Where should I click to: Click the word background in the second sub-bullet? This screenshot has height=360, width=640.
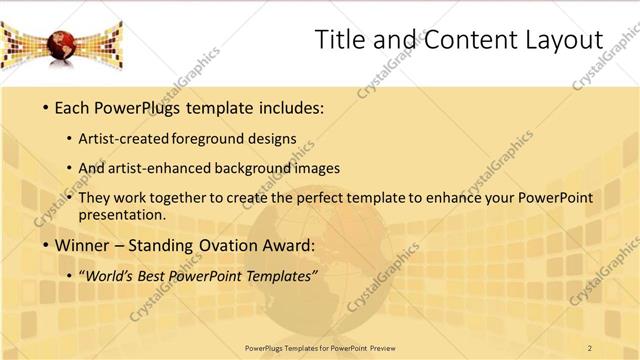(x=251, y=169)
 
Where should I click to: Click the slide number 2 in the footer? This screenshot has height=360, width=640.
(x=590, y=348)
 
